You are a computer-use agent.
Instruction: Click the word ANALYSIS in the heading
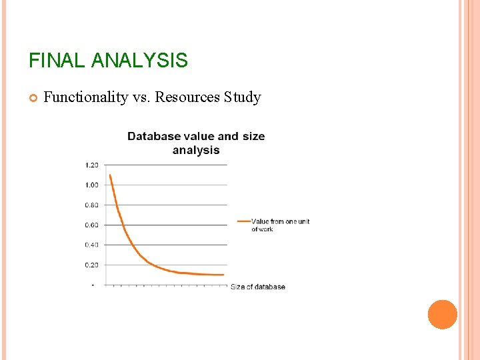pyautogui.click(x=139, y=61)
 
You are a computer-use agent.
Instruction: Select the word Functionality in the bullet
pyautogui.click(x=85, y=97)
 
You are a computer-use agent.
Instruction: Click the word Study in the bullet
pyautogui.click(x=243, y=97)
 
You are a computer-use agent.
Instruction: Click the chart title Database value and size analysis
pyautogui.click(x=196, y=143)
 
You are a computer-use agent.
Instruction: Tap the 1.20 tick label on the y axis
pyautogui.click(x=91, y=165)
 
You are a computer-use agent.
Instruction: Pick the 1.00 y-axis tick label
pyautogui.click(x=91, y=185)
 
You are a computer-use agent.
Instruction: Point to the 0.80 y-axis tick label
pyautogui.click(x=91, y=205)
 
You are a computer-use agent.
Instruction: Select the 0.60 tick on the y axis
pyautogui.click(x=91, y=225)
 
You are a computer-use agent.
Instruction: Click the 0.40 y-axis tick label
pyautogui.click(x=91, y=245)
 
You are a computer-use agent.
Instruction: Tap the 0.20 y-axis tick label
pyautogui.click(x=91, y=265)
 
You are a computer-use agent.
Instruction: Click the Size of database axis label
pyautogui.click(x=258, y=287)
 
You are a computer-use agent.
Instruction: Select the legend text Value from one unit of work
pyautogui.click(x=280, y=225)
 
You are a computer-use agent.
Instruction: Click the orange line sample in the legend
pyautogui.click(x=243, y=221)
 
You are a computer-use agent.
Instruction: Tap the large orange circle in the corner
pyautogui.click(x=443, y=315)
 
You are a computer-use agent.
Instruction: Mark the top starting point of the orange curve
pyautogui.click(x=110, y=175)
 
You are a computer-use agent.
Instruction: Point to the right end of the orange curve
pyautogui.click(x=223, y=275)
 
